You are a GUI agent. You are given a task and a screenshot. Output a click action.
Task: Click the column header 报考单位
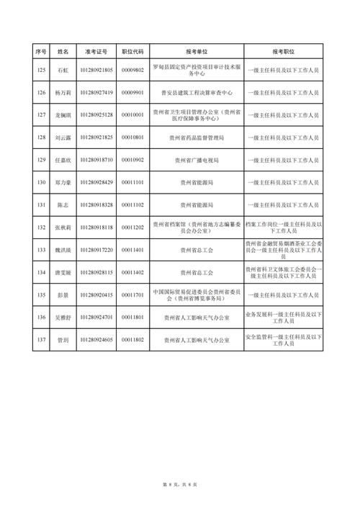pos(197,52)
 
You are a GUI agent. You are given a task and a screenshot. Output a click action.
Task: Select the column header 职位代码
pos(133,52)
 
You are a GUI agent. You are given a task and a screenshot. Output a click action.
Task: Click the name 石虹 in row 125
pos(62,70)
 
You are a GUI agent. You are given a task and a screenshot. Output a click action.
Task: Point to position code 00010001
pos(133,114)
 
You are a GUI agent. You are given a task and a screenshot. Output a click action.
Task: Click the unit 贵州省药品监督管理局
pos(197,137)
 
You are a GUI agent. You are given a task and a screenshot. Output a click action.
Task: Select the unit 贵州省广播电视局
pos(197,159)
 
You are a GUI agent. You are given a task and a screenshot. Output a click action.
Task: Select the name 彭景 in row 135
pos(62,294)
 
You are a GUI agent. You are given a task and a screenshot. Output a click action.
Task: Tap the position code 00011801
pos(133,317)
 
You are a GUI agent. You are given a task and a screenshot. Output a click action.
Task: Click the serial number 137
pos(40,339)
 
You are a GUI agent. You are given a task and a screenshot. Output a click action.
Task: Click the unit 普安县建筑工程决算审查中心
pos(197,92)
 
